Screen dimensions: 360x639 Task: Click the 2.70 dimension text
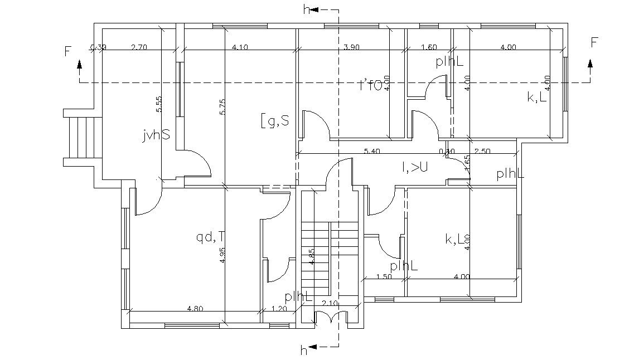click(139, 47)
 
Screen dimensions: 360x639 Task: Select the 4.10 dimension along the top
click(239, 47)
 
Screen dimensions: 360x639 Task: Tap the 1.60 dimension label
click(429, 47)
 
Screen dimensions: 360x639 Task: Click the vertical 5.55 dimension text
click(159, 104)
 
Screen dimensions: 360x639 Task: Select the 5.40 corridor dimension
click(372, 151)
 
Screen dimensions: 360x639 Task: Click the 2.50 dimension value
click(482, 151)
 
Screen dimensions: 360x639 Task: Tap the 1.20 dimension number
click(279, 308)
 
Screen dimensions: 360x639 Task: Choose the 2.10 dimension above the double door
click(330, 303)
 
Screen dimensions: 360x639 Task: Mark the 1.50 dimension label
click(384, 276)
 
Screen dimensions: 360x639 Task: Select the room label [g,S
click(274, 119)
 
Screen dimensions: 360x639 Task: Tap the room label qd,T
click(210, 238)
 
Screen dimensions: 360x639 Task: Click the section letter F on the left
click(68, 52)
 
